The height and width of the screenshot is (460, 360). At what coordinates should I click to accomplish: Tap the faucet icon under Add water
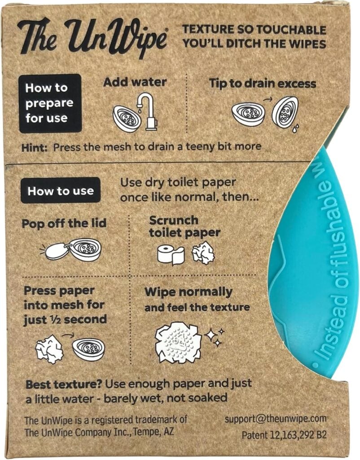148,111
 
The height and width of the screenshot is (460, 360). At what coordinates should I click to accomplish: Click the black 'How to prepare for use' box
50,103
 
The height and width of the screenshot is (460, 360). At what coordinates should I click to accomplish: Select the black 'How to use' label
61,190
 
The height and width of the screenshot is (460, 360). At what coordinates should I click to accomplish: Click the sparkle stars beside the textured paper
215,337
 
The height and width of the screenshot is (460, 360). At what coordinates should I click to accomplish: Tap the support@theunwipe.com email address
275,419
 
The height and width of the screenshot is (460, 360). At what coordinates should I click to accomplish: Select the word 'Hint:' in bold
34,147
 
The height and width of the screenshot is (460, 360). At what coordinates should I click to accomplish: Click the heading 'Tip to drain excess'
263,84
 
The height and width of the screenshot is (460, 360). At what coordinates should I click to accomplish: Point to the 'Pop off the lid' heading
64,224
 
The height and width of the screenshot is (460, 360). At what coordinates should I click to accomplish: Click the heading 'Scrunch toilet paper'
184,226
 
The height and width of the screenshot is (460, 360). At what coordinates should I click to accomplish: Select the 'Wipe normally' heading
189,292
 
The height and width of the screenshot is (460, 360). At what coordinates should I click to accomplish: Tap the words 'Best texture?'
64,385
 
